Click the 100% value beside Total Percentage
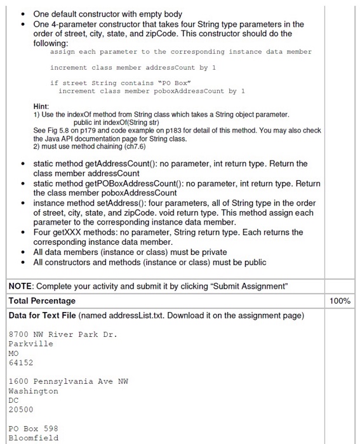(x=341, y=301)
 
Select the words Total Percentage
(x=42, y=301)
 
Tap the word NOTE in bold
(x=21, y=286)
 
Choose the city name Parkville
(x=30, y=344)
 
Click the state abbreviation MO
(x=14, y=353)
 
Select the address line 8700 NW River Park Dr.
(x=63, y=334)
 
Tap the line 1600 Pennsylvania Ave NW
(x=68, y=381)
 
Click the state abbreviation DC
(x=14, y=400)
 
